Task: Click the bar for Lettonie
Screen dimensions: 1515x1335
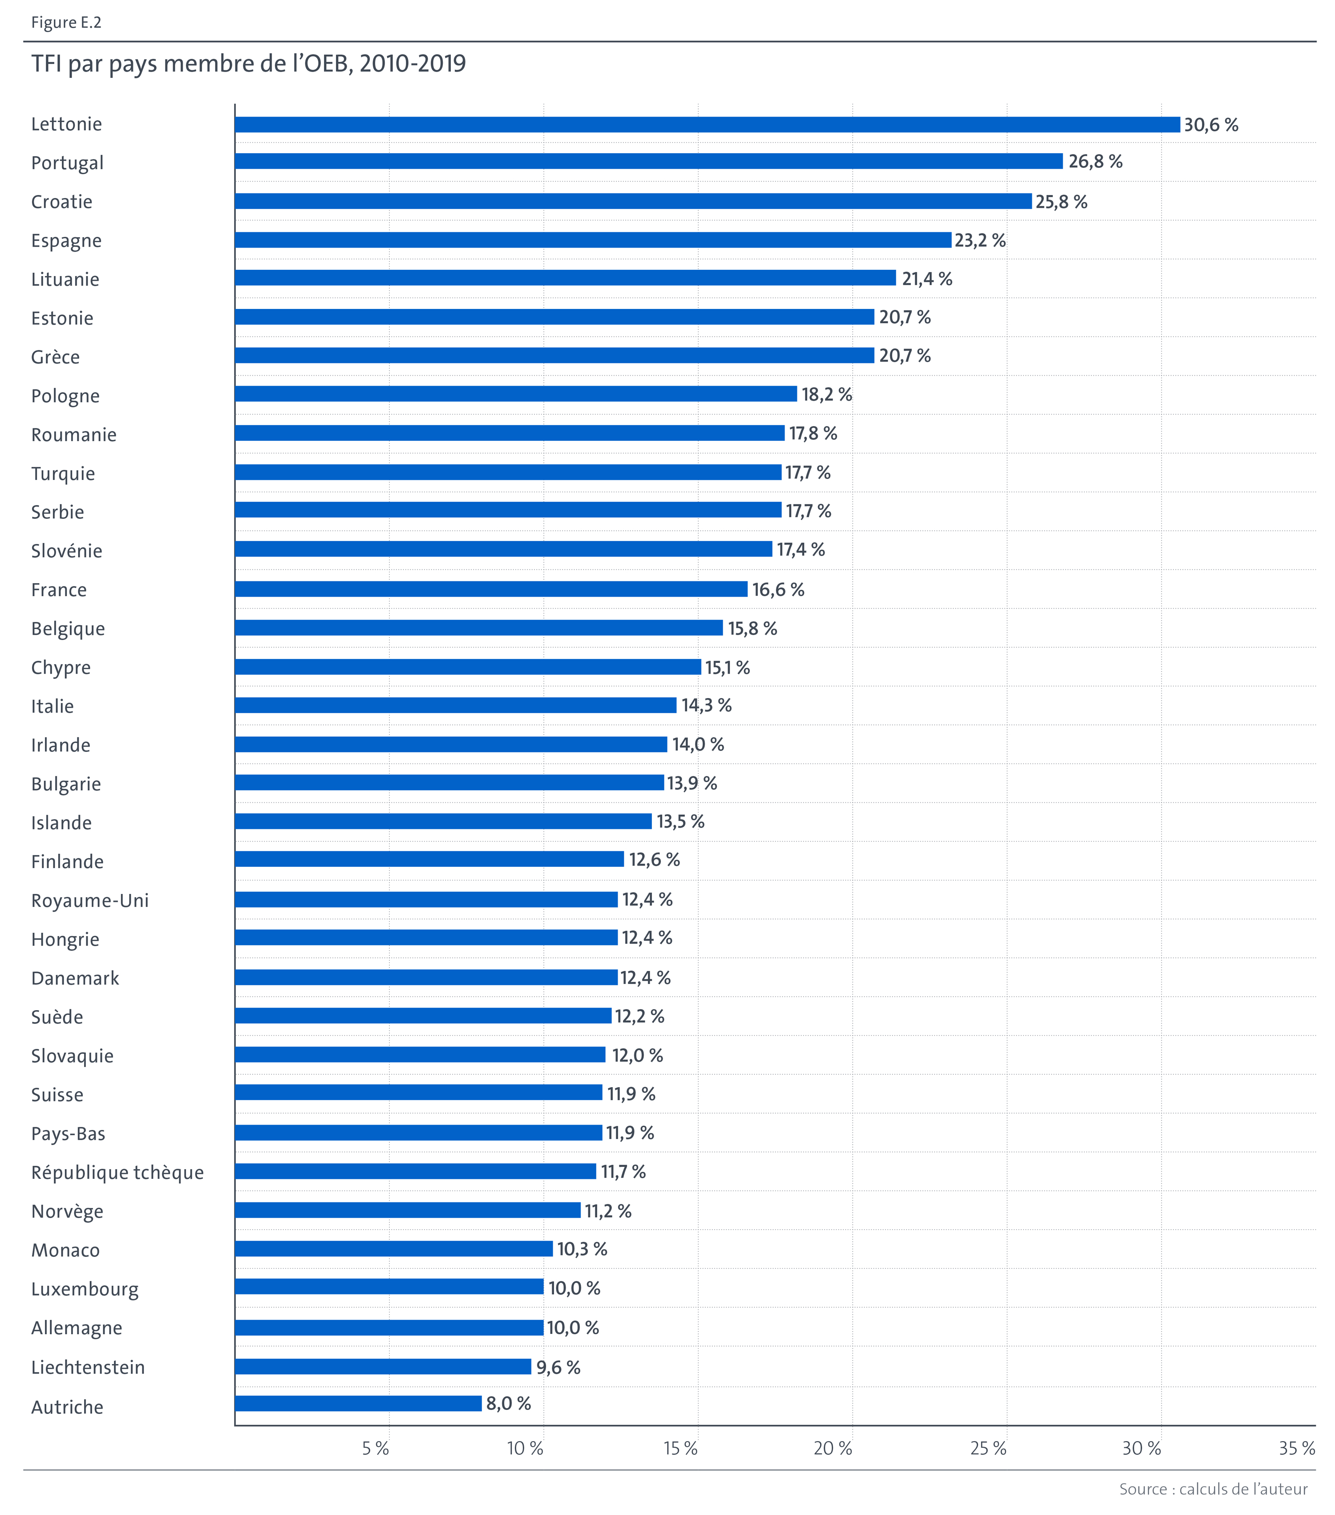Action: click(x=707, y=125)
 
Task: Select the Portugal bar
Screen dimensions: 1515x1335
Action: click(x=648, y=162)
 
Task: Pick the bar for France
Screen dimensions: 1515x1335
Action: click(x=490, y=589)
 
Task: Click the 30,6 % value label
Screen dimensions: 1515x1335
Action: click(x=1210, y=125)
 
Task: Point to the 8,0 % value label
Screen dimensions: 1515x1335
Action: click(x=508, y=1403)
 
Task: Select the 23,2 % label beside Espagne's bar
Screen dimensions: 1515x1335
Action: click(x=979, y=240)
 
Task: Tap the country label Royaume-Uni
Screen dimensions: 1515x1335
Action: click(x=89, y=901)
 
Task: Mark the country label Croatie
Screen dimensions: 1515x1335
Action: click(x=61, y=202)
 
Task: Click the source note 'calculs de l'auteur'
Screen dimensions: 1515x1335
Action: click(x=1243, y=1489)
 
